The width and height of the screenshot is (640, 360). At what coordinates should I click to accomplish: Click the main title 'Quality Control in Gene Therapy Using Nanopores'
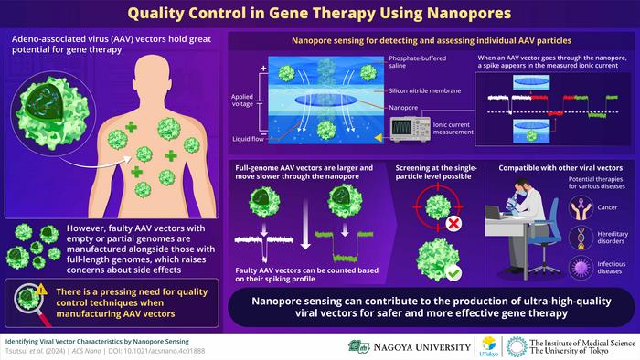320,15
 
